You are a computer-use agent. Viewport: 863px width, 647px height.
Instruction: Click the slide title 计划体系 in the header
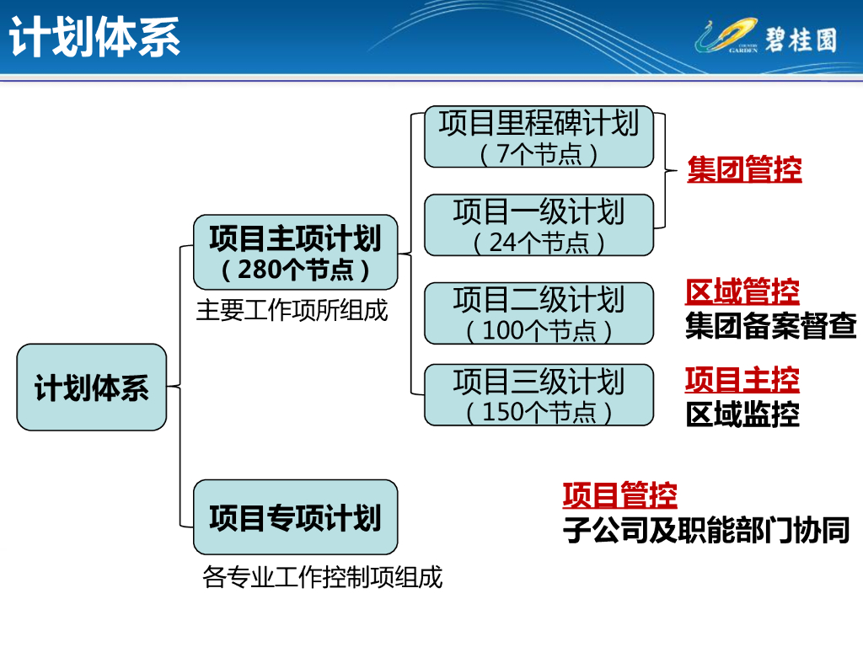click(94, 37)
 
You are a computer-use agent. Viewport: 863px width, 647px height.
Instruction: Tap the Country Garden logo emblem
click(726, 35)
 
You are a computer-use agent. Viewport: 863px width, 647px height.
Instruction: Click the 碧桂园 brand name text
click(801, 40)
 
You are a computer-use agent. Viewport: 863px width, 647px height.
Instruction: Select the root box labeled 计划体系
click(91, 388)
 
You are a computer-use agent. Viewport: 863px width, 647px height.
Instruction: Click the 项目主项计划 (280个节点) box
click(296, 253)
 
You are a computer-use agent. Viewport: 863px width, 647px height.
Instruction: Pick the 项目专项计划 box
click(296, 517)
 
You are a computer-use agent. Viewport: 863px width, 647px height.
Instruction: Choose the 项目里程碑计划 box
click(539, 136)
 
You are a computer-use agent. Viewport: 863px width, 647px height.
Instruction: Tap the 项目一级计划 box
click(539, 225)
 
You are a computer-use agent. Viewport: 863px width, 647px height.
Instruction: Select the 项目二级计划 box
click(539, 313)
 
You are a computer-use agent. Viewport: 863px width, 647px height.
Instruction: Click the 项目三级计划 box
click(539, 394)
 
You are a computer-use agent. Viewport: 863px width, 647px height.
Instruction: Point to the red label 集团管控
click(744, 168)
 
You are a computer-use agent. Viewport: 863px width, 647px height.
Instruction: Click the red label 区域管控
click(742, 291)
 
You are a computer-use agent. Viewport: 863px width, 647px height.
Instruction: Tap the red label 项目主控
click(742, 380)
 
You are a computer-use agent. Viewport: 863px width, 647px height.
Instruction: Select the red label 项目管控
click(619, 495)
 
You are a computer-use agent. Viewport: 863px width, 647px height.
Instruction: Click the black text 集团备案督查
click(770, 325)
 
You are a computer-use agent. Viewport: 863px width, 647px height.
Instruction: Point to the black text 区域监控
click(742, 414)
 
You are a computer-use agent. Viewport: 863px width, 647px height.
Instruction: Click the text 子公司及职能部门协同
click(706, 530)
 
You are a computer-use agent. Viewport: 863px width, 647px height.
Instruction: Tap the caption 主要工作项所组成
click(292, 310)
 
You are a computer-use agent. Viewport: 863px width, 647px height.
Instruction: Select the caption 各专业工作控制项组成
click(323, 577)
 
